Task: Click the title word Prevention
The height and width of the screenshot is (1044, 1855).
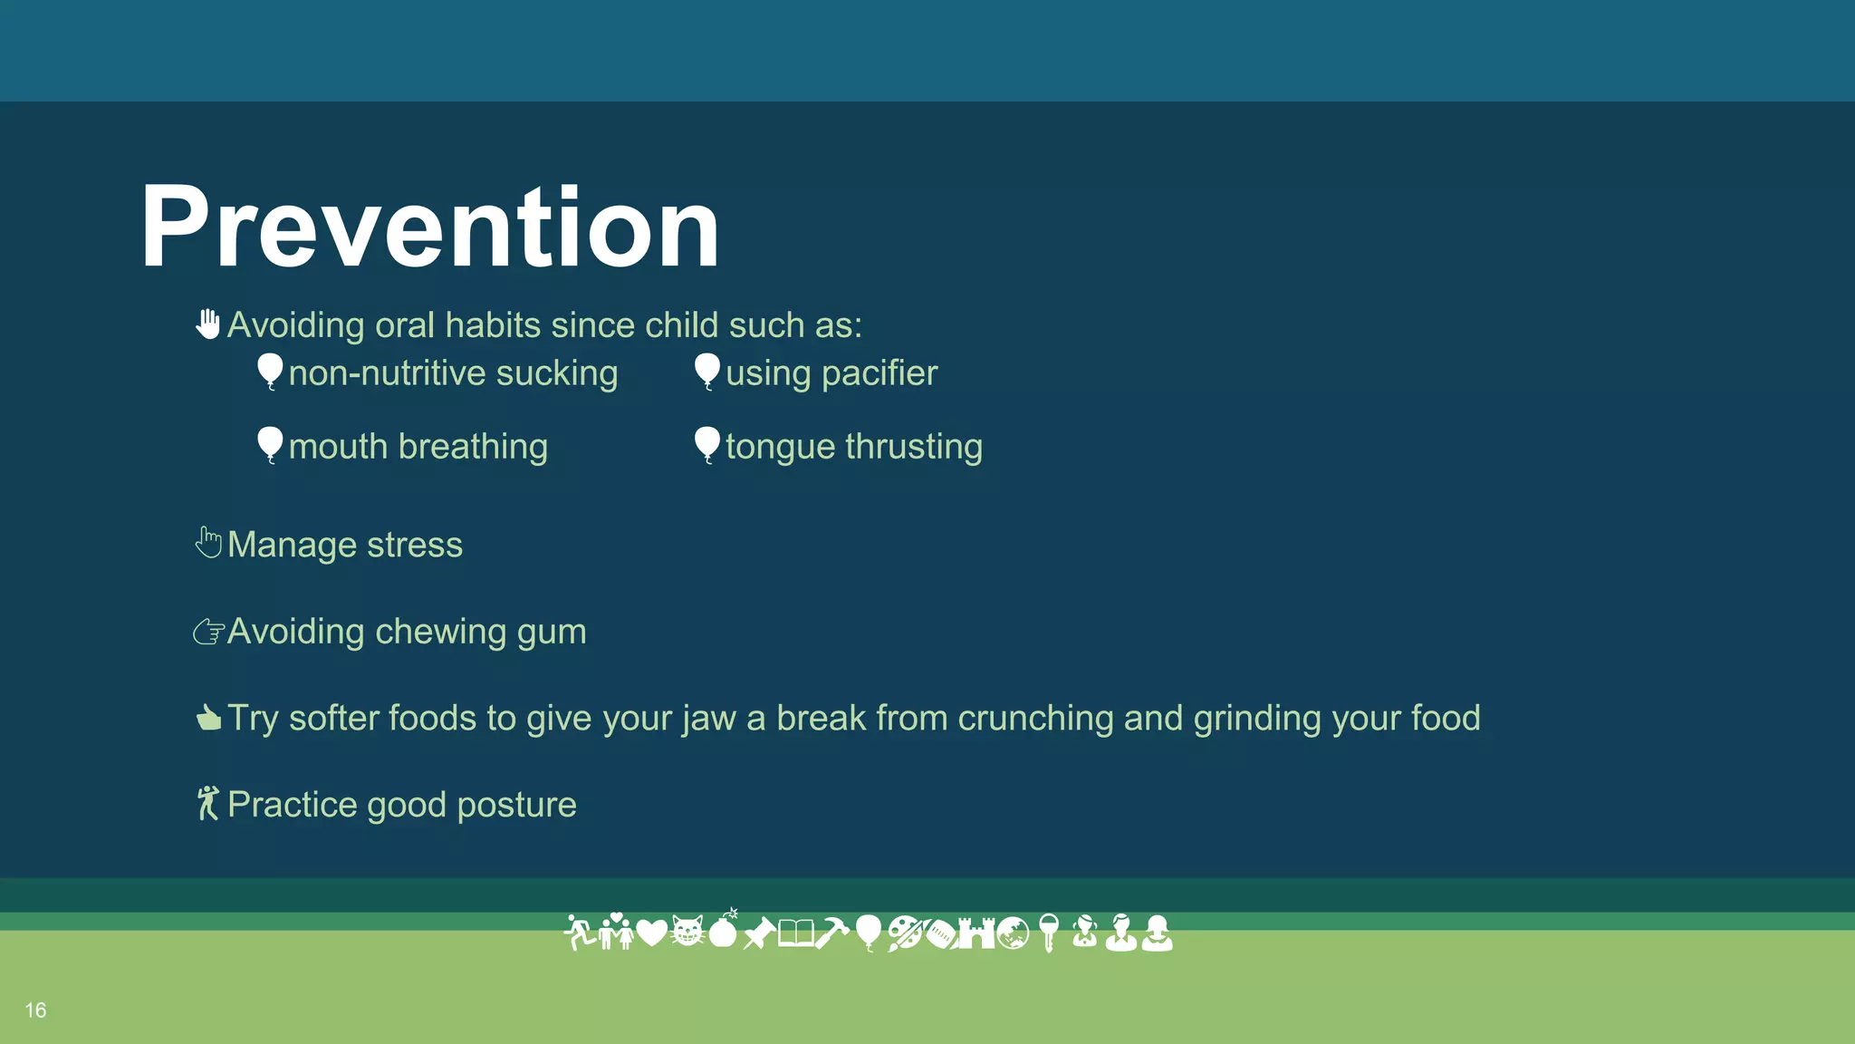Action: (429, 227)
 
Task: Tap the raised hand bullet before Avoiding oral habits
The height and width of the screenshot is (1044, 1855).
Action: (208, 324)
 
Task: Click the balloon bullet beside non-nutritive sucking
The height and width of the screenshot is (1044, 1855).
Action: (270, 371)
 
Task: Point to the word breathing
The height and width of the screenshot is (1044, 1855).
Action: (473, 447)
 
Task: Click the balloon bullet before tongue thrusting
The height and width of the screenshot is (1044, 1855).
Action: (706, 444)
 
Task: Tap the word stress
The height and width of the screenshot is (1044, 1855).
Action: (415, 545)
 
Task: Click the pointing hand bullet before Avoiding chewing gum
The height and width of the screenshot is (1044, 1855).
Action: (208, 631)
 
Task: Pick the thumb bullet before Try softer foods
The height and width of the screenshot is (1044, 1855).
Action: (208, 718)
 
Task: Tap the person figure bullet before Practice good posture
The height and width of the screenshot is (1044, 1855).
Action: (208, 803)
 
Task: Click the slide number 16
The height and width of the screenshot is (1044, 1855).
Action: (35, 1010)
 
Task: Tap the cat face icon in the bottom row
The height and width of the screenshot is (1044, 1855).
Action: (687, 932)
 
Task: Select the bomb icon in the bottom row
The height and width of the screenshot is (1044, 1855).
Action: (724, 929)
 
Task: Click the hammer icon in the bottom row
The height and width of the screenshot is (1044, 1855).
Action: (831, 932)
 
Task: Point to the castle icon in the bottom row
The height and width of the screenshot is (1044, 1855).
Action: (976, 932)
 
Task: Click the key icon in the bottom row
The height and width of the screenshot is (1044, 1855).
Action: (1049, 932)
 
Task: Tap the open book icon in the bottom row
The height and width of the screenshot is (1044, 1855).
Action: (795, 932)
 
